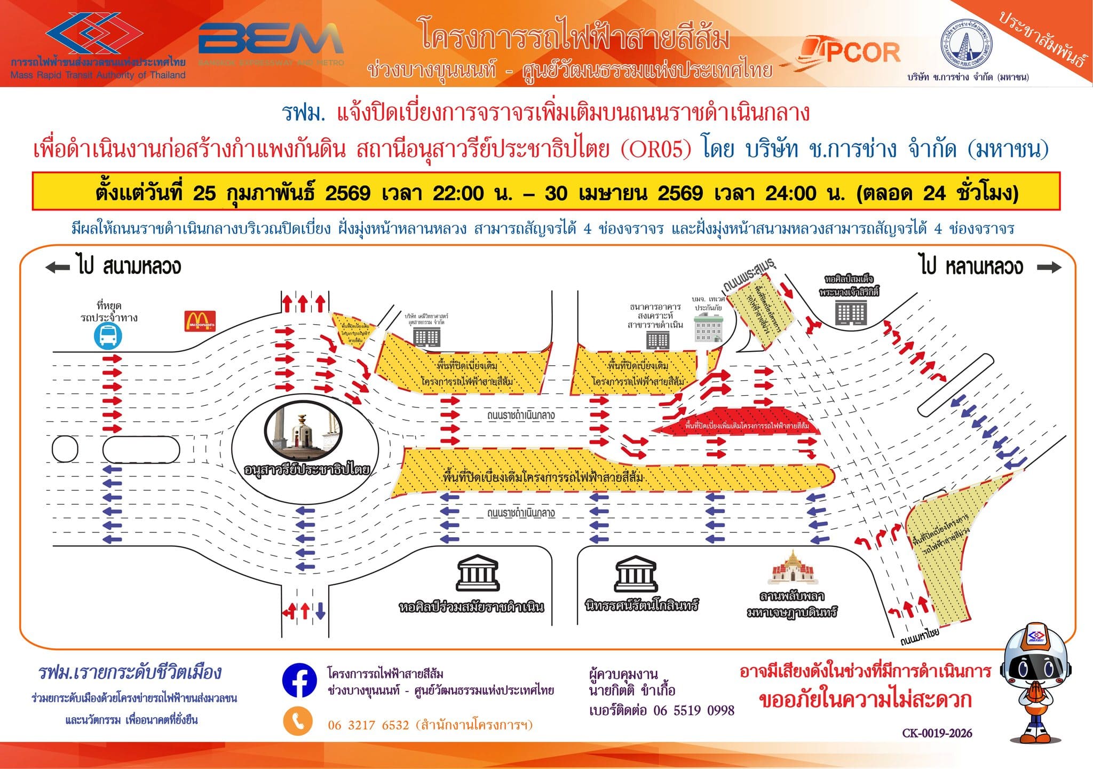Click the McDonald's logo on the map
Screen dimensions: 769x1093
pos(200,321)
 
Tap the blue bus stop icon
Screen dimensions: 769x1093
pos(108,336)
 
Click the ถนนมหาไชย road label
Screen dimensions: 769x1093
pos(919,637)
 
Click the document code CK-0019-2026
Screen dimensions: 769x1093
pos(937,733)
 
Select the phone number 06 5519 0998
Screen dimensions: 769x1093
pos(694,711)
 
